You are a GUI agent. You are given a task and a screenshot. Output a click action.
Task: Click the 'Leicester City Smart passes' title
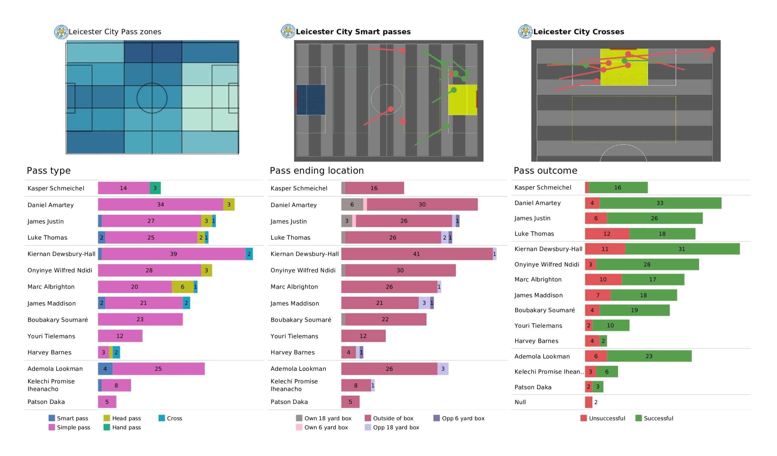pos(353,32)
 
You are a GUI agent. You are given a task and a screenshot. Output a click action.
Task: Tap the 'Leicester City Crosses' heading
pos(579,32)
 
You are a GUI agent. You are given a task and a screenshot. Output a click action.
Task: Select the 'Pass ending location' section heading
pos(317,170)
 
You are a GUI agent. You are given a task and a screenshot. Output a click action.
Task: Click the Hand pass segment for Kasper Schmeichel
pos(155,188)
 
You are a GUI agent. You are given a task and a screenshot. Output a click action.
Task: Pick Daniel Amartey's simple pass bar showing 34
pos(161,205)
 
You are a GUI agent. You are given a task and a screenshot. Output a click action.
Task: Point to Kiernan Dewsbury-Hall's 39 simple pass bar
pos(174,254)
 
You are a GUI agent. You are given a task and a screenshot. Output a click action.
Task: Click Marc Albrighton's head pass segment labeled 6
pos(182,287)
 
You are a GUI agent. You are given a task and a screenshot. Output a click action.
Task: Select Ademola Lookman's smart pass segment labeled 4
pos(105,369)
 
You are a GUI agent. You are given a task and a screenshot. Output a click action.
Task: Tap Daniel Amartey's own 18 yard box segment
pos(352,205)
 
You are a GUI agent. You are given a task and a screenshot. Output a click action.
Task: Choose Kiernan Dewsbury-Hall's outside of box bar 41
pos(417,254)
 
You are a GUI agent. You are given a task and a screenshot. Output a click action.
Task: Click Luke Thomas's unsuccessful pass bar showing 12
pos(607,233)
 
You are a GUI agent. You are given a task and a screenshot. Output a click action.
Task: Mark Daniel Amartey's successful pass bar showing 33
pos(660,203)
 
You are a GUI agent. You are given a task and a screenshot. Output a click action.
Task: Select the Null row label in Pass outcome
pos(520,402)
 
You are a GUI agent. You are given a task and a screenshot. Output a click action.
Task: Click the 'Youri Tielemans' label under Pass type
pos(51,336)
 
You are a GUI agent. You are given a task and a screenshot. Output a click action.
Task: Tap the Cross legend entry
pos(170,418)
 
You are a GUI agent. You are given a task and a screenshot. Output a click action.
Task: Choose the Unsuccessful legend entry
pos(603,418)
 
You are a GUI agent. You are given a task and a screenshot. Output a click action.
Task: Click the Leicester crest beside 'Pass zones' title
pos(61,32)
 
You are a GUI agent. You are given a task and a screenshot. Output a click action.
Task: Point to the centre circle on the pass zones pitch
pos(152,83)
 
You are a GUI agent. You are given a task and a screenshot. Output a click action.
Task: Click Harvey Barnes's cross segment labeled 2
pos(116,353)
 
